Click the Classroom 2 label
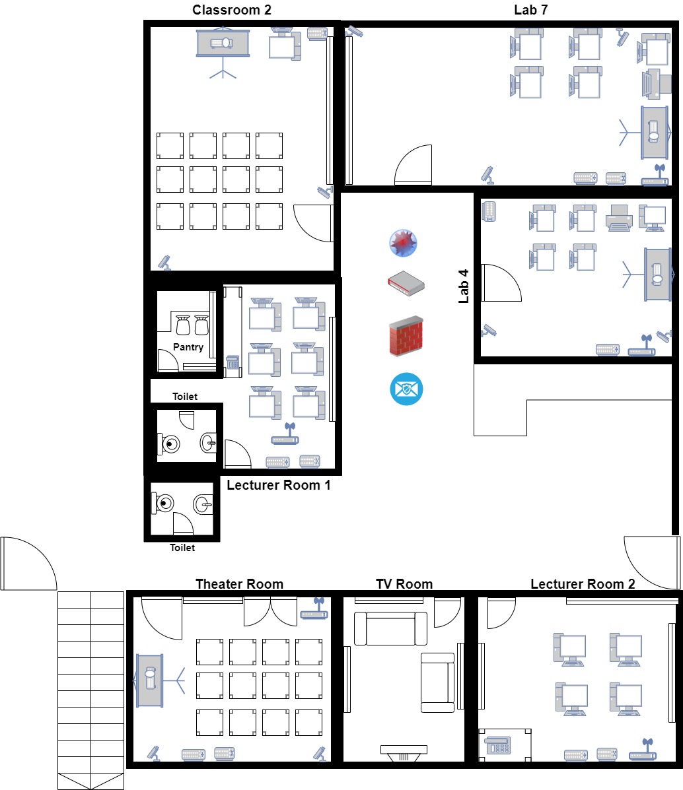click(x=232, y=10)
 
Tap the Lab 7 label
click(x=530, y=10)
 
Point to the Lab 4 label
click(x=464, y=286)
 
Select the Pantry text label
click(x=188, y=347)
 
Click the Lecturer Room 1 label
click(x=279, y=485)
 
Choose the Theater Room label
click(x=239, y=584)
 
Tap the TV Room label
click(x=404, y=584)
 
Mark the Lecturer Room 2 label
click(x=583, y=584)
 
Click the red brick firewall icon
click(x=406, y=335)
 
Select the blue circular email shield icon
click(x=406, y=389)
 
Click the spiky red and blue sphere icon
click(x=403, y=243)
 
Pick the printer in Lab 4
click(x=618, y=218)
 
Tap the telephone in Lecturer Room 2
click(x=497, y=745)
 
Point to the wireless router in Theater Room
click(x=314, y=609)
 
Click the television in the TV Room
click(x=404, y=753)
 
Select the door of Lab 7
click(x=413, y=165)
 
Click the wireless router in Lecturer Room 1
click(x=285, y=434)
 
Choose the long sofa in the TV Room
click(x=390, y=628)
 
